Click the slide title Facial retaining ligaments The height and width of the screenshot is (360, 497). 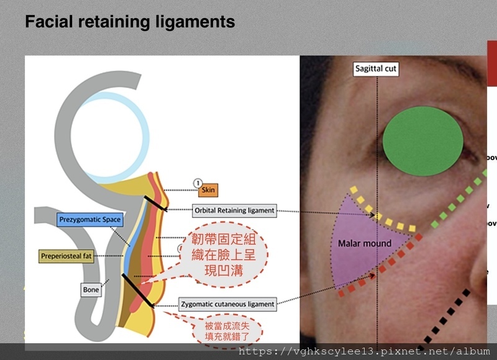click(130, 22)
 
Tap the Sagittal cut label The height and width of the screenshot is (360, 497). click(376, 69)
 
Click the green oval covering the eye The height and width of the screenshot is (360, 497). click(422, 141)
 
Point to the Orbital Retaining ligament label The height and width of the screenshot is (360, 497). click(234, 210)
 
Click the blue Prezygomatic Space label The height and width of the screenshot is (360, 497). click(89, 219)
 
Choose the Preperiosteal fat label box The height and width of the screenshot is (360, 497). click(66, 256)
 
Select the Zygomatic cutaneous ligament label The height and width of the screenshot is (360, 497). click(227, 305)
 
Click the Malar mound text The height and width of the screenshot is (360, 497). click(365, 243)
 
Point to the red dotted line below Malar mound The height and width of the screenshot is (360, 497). click(379, 268)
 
